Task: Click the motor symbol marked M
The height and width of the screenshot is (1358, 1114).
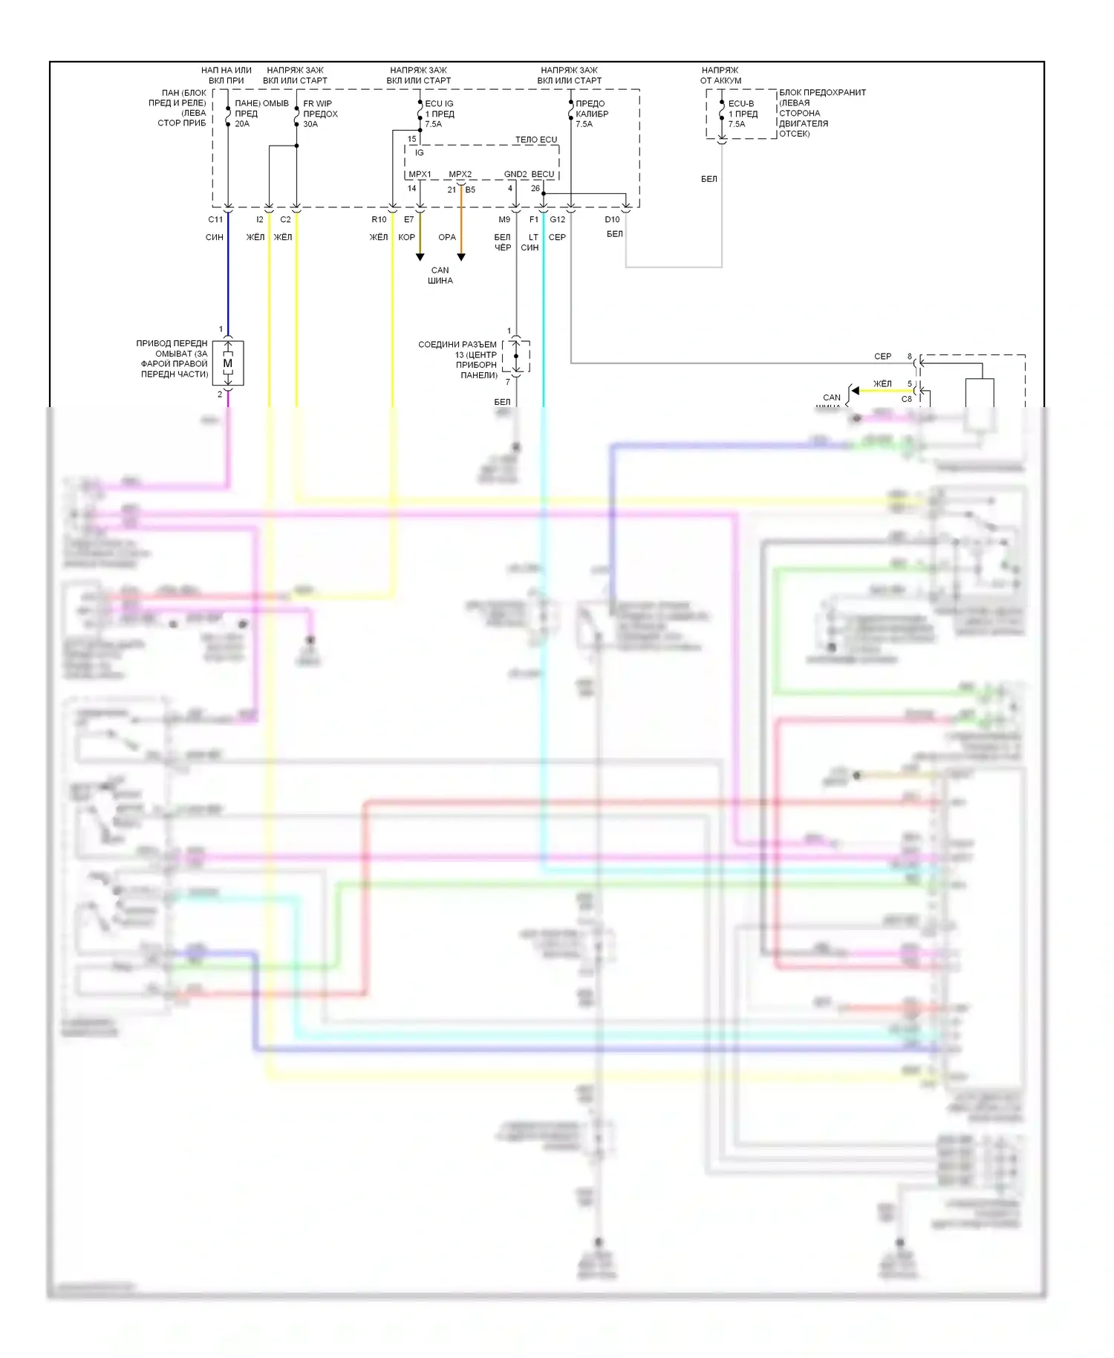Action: (228, 363)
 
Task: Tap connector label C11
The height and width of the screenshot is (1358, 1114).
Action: (215, 220)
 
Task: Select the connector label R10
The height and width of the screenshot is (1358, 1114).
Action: (379, 220)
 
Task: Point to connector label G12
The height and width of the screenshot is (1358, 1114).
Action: (558, 220)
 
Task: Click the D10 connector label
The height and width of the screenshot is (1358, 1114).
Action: (612, 220)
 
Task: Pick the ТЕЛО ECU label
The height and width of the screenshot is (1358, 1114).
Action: (535, 140)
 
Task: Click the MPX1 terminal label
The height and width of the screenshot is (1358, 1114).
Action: (420, 175)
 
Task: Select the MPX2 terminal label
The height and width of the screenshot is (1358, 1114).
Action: (460, 175)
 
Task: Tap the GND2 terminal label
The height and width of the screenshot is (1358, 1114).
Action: (515, 175)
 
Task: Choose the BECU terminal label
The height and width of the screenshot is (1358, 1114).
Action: (543, 175)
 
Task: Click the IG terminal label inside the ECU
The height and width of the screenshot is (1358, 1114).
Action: (420, 153)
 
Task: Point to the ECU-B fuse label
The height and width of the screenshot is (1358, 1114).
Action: (741, 104)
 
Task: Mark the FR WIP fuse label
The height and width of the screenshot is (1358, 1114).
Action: (318, 104)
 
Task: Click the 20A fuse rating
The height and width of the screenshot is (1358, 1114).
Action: (242, 124)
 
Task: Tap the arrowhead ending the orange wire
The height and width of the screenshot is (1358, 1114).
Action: (461, 257)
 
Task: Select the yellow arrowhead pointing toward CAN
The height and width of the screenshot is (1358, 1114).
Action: (856, 391)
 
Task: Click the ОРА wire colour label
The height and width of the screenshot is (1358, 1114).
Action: (447, 238)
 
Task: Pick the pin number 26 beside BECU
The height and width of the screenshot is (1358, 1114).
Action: (535, 189)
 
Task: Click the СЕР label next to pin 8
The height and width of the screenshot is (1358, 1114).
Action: (882, 357)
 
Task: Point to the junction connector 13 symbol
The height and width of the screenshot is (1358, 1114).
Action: (516, 357)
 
